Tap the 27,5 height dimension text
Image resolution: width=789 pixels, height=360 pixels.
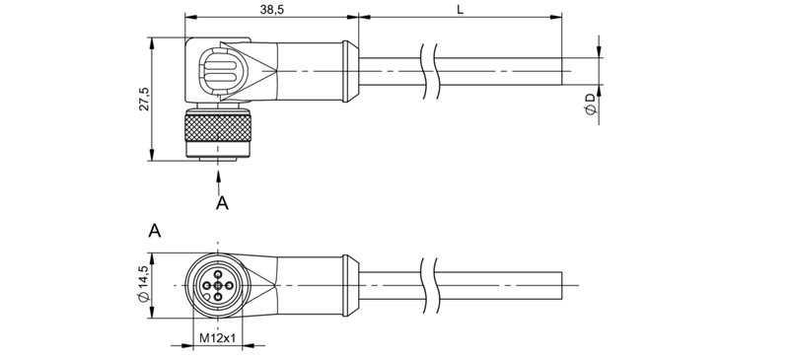click(144, 99)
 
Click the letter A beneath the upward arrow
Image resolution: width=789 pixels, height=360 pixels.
click(222, 203)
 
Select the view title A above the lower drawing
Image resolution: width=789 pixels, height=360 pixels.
click(154, 232)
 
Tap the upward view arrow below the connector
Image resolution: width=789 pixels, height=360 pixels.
click(217, 177)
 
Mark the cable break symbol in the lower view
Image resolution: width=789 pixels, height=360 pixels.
click(428, 285)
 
